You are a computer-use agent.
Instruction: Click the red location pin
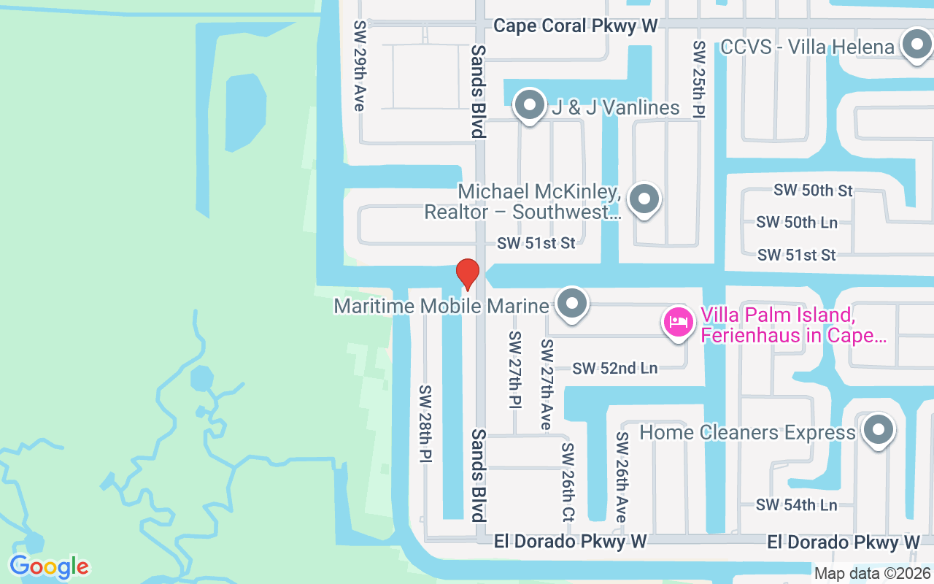tap(467, 274)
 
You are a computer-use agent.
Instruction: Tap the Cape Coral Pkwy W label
tap(576, 26)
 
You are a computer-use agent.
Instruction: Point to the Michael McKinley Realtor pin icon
tap(644, 199)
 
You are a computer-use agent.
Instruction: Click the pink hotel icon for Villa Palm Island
tap(678, 322)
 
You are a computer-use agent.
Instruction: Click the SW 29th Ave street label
tap(359, 66)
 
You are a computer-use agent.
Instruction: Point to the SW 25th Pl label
tap(699, 79)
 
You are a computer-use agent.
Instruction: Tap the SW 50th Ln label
tap(797, 222)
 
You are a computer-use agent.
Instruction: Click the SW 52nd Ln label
tap(615, 369)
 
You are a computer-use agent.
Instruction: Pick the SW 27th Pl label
tap(515, 371)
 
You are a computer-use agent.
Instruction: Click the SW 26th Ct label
tap(568, 481)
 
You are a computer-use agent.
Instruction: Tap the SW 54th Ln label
tap(796, 504)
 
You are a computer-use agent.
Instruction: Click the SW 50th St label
tap(813, 191)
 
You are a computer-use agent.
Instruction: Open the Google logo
tap(49, 566)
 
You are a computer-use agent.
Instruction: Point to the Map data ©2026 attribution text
tap(872, 574)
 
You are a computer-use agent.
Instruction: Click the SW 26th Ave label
tap(622, 477)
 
